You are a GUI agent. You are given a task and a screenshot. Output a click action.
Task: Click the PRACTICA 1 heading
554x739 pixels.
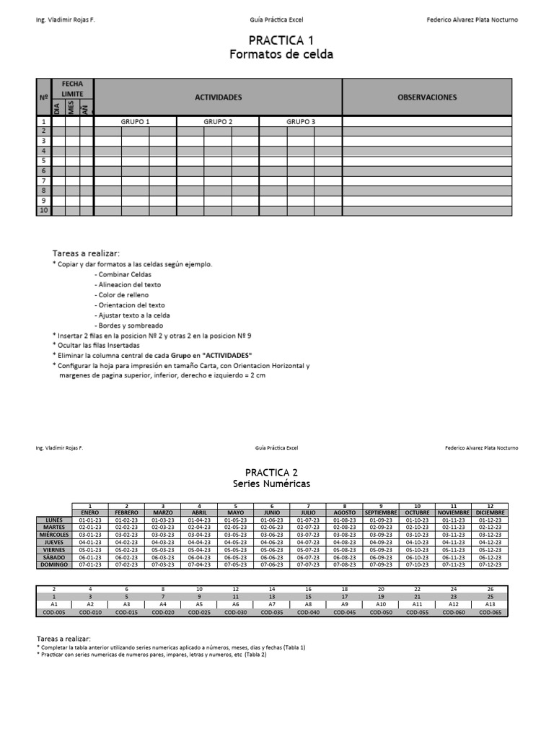281,40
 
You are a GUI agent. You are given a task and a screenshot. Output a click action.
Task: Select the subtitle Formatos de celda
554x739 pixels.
281,54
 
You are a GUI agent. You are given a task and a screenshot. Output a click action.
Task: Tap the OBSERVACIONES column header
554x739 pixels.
427,97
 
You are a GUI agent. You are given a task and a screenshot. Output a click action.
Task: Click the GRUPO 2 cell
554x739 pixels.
218,122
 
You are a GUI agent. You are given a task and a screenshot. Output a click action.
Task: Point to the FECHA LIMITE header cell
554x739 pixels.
72,89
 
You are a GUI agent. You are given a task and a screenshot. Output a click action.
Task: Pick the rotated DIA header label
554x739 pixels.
58,108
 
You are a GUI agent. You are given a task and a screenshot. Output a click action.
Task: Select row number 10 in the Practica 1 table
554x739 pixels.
43,211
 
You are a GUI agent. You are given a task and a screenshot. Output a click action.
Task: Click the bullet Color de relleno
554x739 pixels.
122,295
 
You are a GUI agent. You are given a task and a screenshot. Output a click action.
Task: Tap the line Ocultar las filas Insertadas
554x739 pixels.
109,346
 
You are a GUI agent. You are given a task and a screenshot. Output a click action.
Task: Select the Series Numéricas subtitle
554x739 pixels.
272,484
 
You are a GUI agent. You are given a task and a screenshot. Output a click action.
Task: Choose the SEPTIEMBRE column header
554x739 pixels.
381,512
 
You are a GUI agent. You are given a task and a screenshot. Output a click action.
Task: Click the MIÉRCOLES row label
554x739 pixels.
54,535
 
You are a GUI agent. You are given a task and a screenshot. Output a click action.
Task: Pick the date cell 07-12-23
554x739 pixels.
491,564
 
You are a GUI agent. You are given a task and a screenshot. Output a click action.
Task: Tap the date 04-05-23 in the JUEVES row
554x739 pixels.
235,542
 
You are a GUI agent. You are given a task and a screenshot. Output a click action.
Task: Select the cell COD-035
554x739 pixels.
272,613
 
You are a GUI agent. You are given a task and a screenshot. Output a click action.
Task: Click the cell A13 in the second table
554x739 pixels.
491,605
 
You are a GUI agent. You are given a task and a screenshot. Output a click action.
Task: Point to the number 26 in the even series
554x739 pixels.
491,589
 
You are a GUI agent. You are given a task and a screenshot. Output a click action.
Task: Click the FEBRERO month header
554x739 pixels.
126,512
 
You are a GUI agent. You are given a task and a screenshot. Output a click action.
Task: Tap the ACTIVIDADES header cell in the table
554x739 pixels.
218,97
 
